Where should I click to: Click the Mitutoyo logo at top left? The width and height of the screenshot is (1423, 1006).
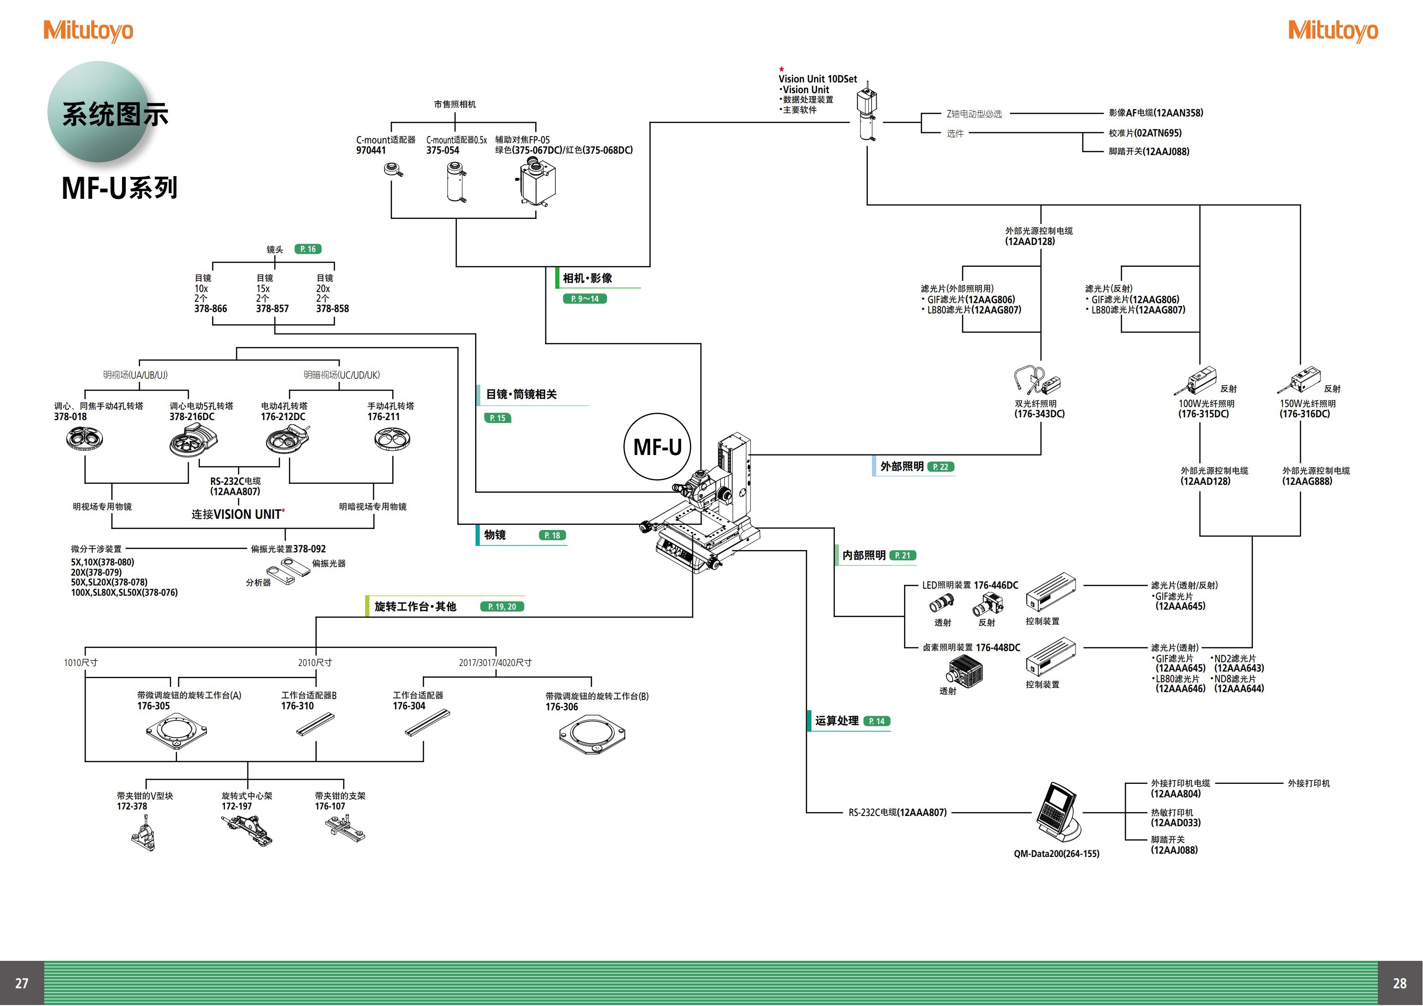[88, 30]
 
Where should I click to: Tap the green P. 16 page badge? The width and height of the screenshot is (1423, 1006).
[307, 249]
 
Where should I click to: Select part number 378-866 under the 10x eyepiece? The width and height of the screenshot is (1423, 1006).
[211, 309]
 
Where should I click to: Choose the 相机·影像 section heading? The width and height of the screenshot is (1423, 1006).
[587, 279]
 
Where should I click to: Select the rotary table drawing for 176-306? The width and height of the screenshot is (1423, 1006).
[592, 734]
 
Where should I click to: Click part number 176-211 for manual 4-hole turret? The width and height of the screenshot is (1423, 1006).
[384, 416]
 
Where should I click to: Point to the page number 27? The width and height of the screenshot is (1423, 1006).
[22, 983]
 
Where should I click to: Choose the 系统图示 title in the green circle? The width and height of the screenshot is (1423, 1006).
[115, 115]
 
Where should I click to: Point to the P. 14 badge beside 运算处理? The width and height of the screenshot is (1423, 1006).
[876, 721]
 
